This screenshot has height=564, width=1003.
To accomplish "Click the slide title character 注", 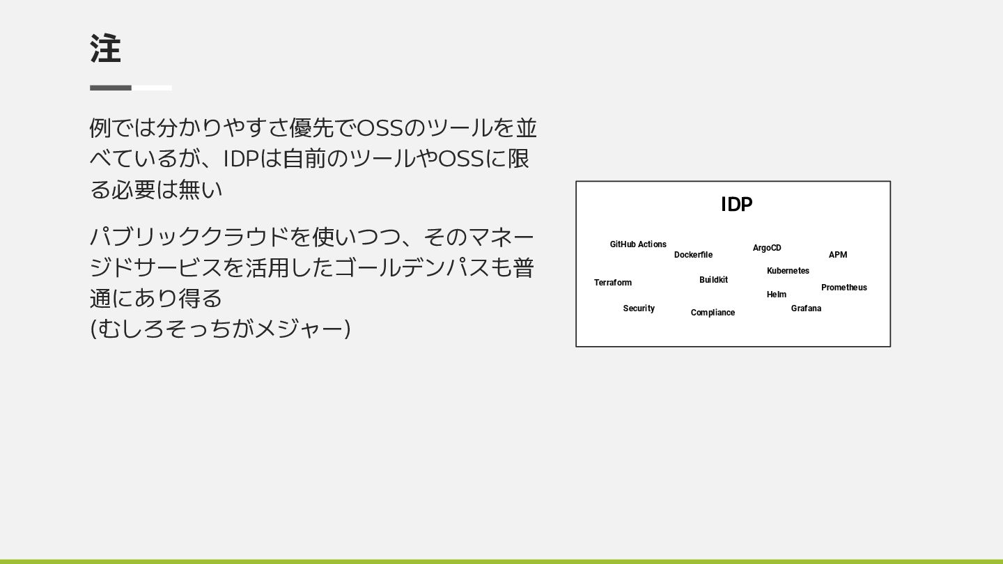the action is tap(105, 49).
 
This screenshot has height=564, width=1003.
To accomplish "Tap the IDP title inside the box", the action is tap(736, 205).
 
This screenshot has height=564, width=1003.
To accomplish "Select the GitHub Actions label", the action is tap(638, 244).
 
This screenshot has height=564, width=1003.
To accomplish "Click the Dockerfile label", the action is tap(693, 255).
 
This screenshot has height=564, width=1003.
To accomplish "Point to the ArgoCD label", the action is tap(767, 248).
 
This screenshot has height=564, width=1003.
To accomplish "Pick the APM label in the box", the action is tap(838, 255).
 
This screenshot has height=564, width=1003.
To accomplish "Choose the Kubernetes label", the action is tap(788, 271).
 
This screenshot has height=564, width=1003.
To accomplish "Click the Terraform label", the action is tap(613, 283).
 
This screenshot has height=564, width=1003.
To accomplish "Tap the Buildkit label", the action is tap(713, 280).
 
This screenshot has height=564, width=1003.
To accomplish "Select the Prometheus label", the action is tap(844, 288).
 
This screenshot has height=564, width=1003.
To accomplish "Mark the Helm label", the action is tap(777, 295).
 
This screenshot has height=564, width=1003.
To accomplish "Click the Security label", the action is tap(639, 308).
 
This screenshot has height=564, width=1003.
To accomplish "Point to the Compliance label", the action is tap(713, 313).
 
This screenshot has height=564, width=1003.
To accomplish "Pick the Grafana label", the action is tap(806, 308).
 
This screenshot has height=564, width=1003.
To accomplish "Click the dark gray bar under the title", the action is tap(111, 88).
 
